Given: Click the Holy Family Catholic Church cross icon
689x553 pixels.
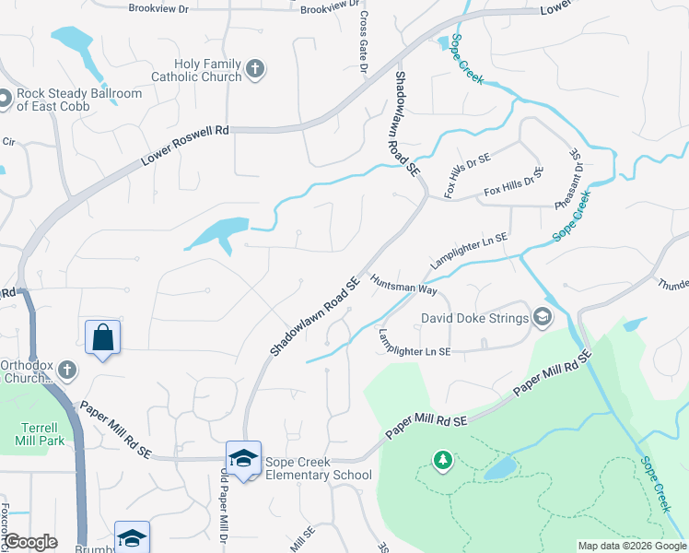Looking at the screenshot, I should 255,68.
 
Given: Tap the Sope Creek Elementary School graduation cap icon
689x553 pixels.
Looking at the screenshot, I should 243,458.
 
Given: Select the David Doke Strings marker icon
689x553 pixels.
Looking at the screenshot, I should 543,318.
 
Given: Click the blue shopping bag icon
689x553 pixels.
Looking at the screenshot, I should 102,337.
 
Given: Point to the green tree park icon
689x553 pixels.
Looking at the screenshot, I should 443,459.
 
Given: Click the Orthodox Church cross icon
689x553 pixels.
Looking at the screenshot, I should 65,371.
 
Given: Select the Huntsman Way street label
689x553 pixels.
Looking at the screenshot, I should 403,282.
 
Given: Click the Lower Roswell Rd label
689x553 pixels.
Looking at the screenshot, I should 184,146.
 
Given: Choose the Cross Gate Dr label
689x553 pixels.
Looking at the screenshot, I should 363,42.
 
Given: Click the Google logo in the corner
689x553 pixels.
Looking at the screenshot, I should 30,542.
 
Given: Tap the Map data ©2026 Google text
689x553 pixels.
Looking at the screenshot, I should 632,546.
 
